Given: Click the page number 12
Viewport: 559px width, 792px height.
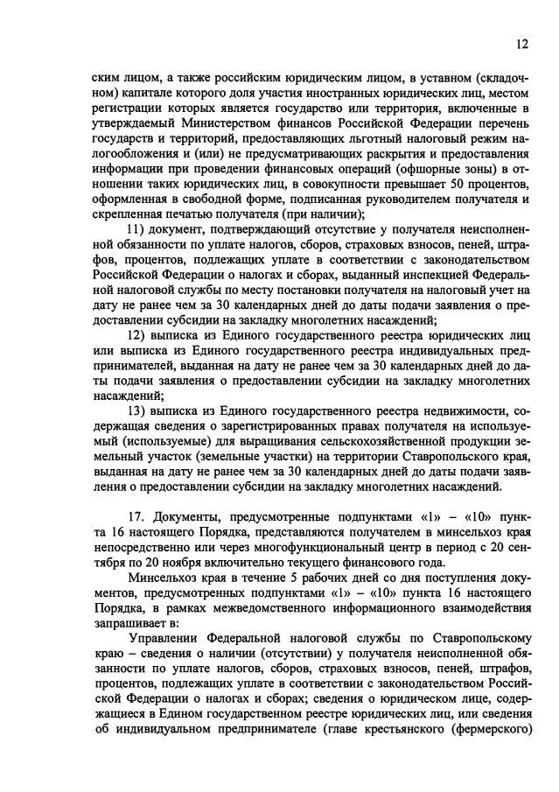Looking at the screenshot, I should pyautogui.click(x=521, y=44).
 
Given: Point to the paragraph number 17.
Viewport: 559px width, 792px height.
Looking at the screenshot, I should pyautogui.click(x=136, y=517).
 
